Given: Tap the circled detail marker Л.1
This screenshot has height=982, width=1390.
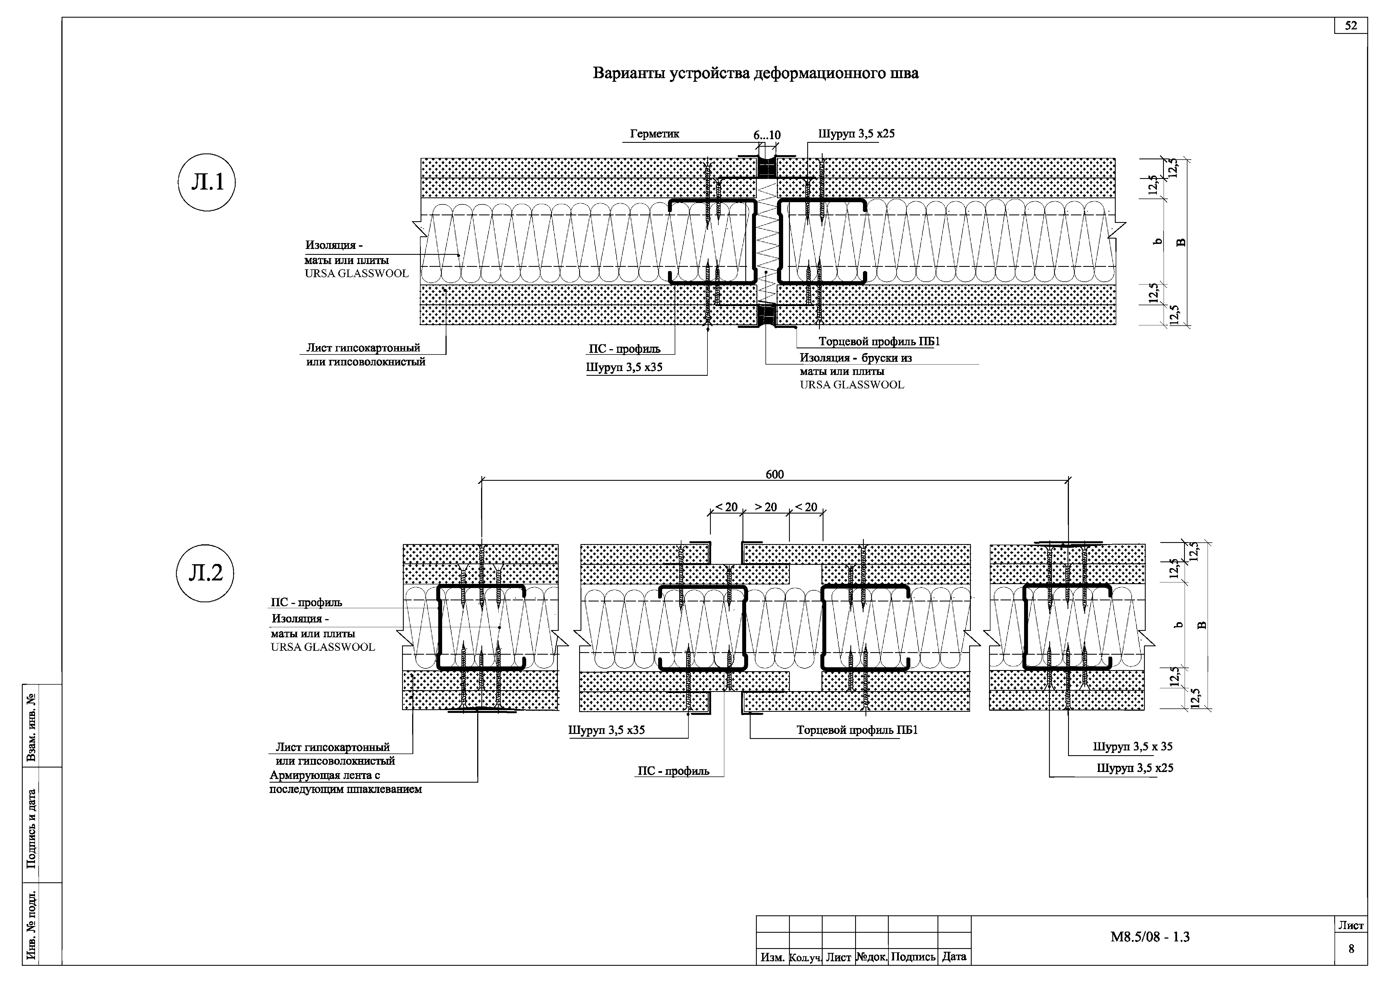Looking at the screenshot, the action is pyautogui.click(x=207, y=182).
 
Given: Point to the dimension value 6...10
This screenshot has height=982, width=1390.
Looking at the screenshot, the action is pyautogui.click(x=767, y=135).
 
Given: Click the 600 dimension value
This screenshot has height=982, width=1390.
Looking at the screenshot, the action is pyautogui.click(x=774, y=474).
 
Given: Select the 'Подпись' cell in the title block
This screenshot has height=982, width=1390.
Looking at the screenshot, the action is pyautogui.click(x=913, y=957).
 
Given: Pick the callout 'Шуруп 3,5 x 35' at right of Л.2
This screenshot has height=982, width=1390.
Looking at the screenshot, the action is pyautogui.click(x=1133, y=747).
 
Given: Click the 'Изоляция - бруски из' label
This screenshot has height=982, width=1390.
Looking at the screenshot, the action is pyautogui.click(x=855, y=358).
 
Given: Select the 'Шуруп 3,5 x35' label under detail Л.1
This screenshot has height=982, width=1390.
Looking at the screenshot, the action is pyautogui.click(x=624, y=367).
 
